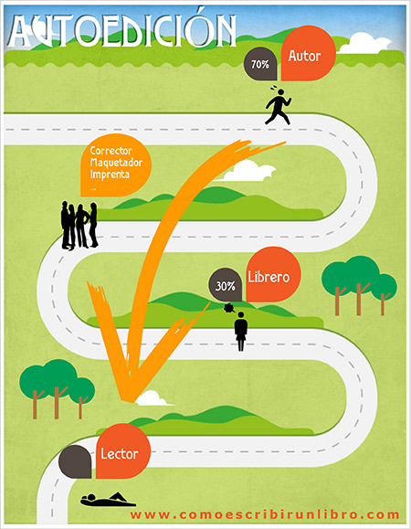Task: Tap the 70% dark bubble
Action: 260,64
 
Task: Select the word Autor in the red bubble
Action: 304,56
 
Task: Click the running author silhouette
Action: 279,105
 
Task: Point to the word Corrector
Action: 111,151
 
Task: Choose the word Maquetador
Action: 116,163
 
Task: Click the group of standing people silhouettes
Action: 79,226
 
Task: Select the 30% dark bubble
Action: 226,285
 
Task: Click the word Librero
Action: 269,277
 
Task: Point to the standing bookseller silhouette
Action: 241,332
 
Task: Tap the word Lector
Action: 120,454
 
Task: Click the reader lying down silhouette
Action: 108,500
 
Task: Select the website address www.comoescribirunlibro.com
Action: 265,514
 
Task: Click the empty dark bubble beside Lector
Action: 75,461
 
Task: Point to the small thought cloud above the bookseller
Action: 229,308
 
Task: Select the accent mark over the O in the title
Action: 200,11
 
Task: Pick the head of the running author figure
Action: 280,92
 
